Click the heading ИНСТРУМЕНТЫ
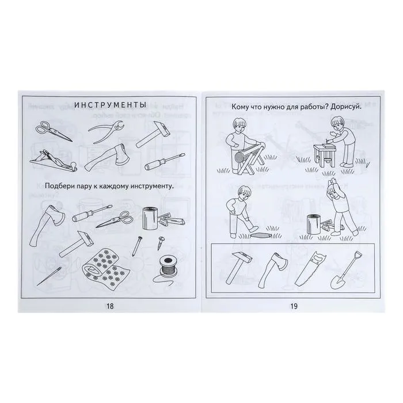(x=110, y=105)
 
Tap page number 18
(x=110, y=306)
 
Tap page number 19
(x=294, y=306)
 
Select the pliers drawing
(x=107, y=131)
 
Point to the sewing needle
(x=49, y=276)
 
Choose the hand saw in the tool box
(x=311, y=269)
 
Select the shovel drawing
(x=345, y=271)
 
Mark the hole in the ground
(x=260, y=235)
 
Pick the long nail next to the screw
(x=136, y=246)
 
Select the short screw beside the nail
(x=161, y=243)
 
